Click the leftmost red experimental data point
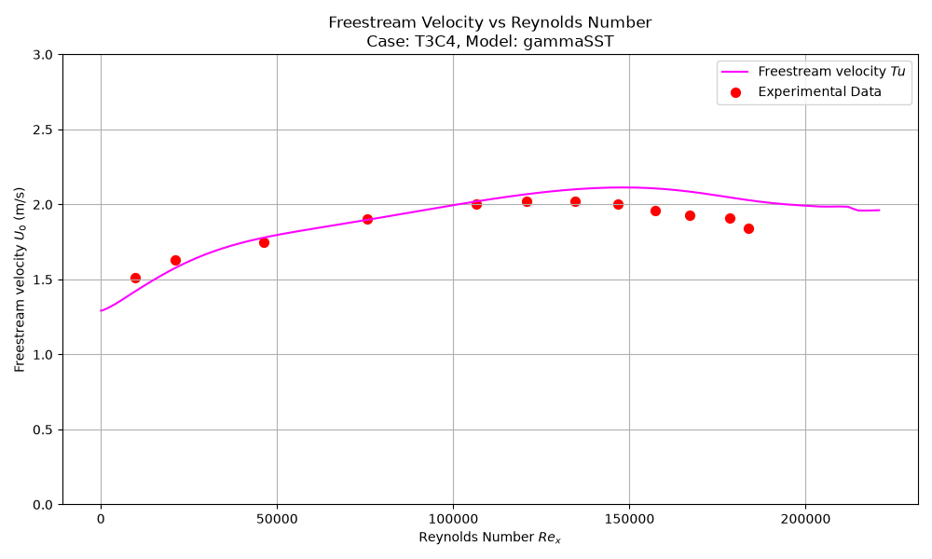tap(135, 278)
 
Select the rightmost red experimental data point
tap(749, 228)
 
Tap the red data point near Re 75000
tap(368, 219)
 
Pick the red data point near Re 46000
tap(265, 242)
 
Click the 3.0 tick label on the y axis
tap(43, 55)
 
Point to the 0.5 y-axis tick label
tap(43, 429)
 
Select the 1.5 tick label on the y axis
tap(43, 279)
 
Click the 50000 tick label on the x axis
tap(277, 519)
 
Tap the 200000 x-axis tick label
tap(806, 519)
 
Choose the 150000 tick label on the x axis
tap(629, 519)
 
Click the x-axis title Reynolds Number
tap(490, 538)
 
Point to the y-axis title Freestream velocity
tap(20, 279)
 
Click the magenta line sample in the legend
tap(735, 72)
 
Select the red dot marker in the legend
tap(736, 92)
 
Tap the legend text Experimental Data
tap(819, 91)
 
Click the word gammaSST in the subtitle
tap(569, 42)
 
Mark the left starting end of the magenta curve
tap(101, 310)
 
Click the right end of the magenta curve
tap(880, 210)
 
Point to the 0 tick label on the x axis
tap(101, 519)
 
